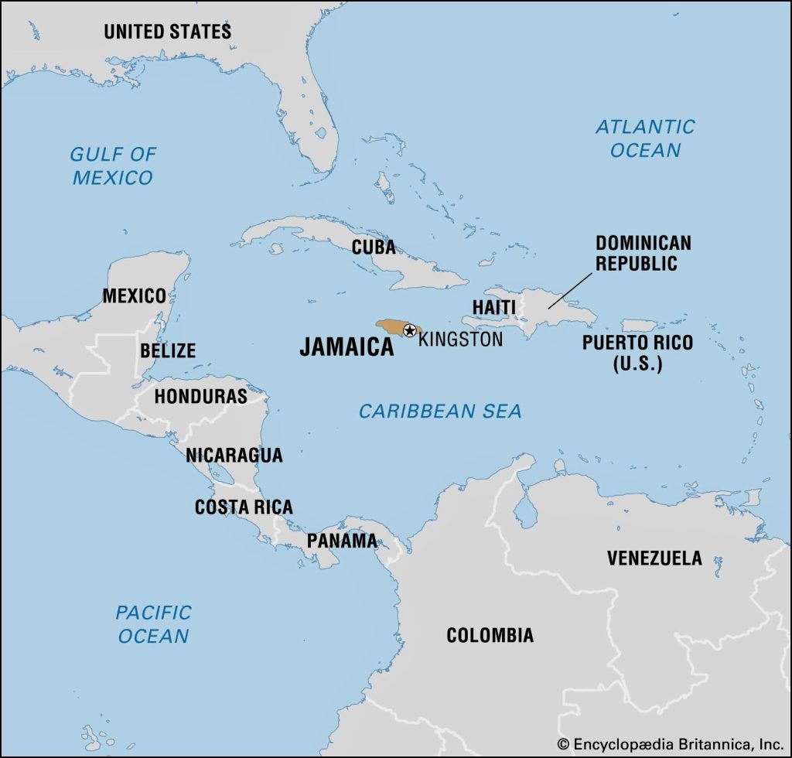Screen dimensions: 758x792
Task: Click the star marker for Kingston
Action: tap(409, 330)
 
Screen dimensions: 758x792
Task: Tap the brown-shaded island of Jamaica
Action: tap(389, 327)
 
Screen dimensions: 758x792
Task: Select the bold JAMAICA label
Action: tap(346, 347)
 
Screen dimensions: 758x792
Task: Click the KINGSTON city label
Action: tap(460, 339)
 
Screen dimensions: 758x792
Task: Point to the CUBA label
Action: tap(374, 248)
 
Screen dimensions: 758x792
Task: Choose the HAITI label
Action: tap(493, 307)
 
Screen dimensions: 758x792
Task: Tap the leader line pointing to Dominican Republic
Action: tap(572, 292)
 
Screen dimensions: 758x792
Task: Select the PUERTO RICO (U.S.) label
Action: tap(637, 353)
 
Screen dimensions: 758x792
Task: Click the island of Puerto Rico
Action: tap(640, 326)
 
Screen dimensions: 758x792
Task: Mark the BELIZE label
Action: tap(167, 350)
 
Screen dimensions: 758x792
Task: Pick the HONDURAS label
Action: tap(200, 397)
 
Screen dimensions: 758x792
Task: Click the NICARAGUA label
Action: tap(234, 455)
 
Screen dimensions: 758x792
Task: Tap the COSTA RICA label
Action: tap(244, 507)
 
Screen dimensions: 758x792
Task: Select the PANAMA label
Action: tap(342, 541)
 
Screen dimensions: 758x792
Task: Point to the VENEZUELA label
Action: tap(654, 558)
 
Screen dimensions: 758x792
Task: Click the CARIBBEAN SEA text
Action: tap(440, 411)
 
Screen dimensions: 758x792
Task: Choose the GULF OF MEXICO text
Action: tap(113, 166)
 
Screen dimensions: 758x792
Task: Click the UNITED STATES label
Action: tap(167, 32)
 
